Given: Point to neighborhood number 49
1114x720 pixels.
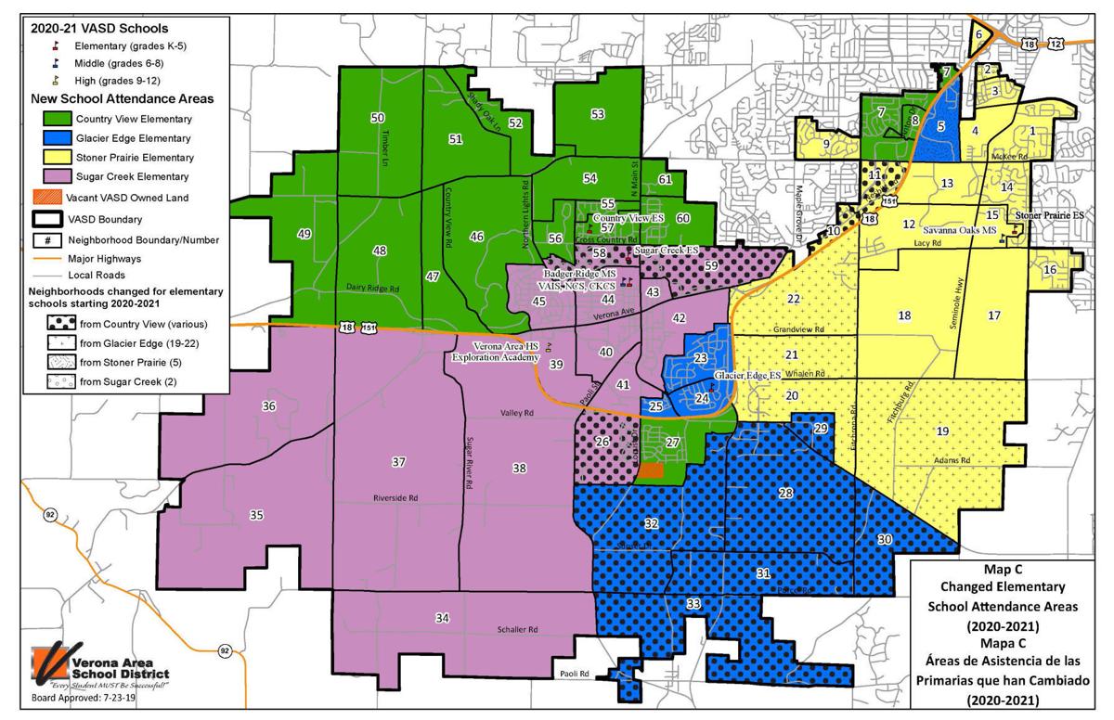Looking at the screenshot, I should pyautogui.click(x=304, y=234).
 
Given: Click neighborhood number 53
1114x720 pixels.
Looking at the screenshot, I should pyautogui.click(x=598, y=114).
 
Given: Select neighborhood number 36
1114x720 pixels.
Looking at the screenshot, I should pyautogui.click(x=269, y=406).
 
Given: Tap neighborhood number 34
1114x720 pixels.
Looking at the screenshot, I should pyautogui.click(x=443, y=618).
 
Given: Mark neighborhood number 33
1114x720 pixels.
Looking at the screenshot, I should pyautogui.click(x=693, y=604).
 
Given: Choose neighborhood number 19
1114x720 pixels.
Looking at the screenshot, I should pyautogui.click(x=942, y=431).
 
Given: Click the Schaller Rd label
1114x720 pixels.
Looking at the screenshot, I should pyautogui.click(x=518, y=629).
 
